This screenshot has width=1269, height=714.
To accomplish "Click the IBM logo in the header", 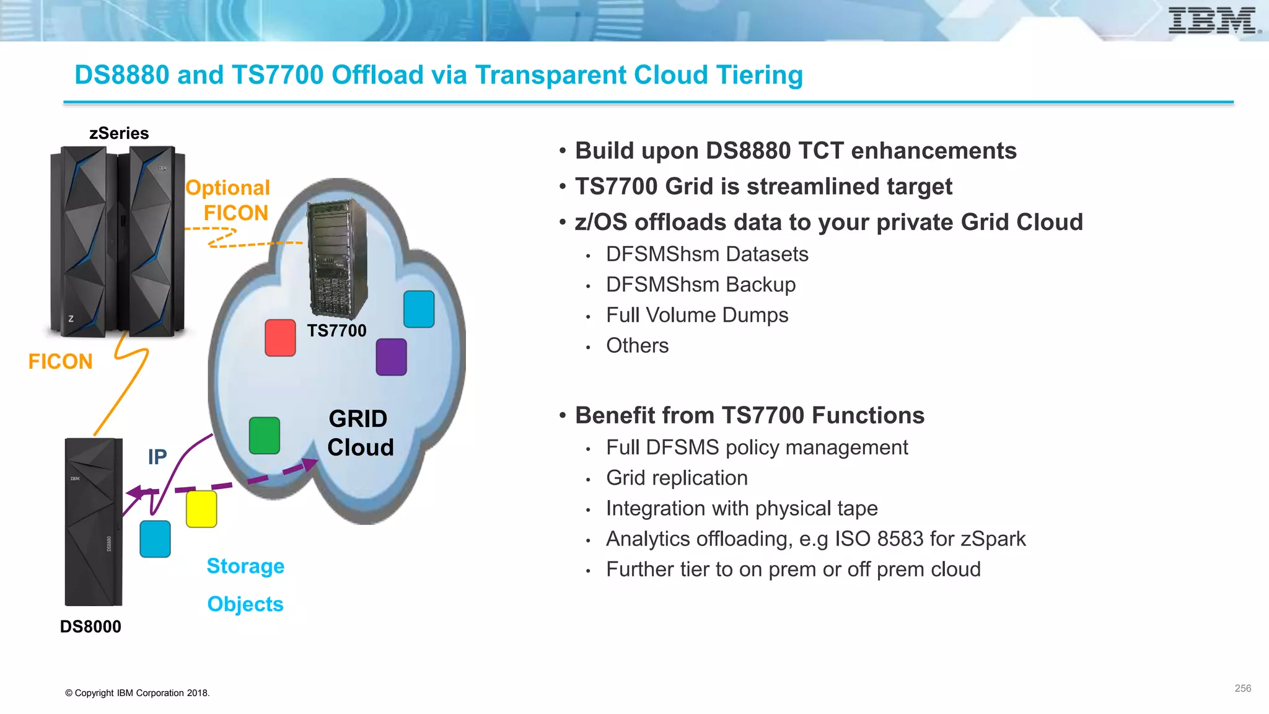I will [1213, 21].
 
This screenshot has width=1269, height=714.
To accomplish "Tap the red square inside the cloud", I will [280, 338].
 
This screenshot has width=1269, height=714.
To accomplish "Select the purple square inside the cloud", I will [391, 357].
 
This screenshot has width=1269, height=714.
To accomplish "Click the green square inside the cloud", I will [265, 436].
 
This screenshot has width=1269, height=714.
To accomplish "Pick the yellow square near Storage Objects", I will [201, 509].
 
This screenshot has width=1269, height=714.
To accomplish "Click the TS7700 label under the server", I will [336, 331].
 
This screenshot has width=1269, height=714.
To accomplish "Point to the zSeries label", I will [119, 133].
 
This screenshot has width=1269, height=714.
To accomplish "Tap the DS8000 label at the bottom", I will [90, 627].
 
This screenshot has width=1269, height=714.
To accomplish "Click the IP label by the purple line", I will [157, 457].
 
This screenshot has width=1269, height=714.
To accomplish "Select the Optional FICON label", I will [228, 200].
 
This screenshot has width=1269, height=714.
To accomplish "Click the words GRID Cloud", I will [359, 433].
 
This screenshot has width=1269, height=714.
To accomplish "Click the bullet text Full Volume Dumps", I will [696, 315].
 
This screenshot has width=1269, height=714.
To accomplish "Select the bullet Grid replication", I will [677, 478].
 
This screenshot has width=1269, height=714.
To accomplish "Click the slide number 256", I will [1242, 689].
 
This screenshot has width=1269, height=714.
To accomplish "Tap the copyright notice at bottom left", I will [138, 693].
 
